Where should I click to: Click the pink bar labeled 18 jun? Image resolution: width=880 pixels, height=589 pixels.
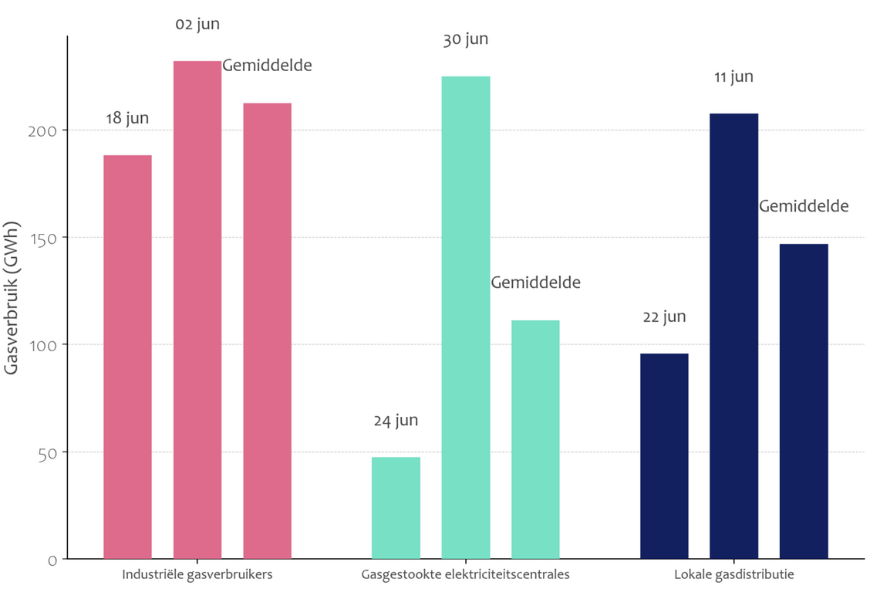click(127, 357)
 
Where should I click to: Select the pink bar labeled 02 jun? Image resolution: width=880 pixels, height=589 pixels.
click(197, 310)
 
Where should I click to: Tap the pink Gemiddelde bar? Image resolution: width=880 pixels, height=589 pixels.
click(267, 330)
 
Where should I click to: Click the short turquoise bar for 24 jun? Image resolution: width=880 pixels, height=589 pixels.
click(396, 507)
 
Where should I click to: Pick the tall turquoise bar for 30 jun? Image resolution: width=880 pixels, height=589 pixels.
click(465, 317)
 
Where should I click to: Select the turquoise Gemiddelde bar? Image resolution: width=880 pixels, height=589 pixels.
click(535, 439)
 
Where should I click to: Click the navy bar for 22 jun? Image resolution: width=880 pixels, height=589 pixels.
click(664, 455)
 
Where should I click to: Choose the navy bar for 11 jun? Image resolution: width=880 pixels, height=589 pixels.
click(733, 336)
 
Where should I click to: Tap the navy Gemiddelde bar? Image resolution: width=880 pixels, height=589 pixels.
click(804, 401)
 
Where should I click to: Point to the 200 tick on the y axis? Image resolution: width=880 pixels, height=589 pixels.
click(48, 131)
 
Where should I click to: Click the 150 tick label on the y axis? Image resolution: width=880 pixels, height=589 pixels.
click(48, 239)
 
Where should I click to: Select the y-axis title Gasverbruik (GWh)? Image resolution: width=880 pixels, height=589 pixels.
click(12, 298)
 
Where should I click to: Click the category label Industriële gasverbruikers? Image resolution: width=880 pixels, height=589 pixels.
click(197, 575)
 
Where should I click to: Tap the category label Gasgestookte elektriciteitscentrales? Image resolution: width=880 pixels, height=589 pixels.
click(465, 575)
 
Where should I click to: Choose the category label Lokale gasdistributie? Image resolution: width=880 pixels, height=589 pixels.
click(733, 575)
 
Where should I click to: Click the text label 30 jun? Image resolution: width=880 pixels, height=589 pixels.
click(465, 39)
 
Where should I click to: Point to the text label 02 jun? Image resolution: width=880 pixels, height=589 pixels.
click(197, 24)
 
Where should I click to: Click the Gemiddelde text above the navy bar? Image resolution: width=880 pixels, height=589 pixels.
click(804, 206)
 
